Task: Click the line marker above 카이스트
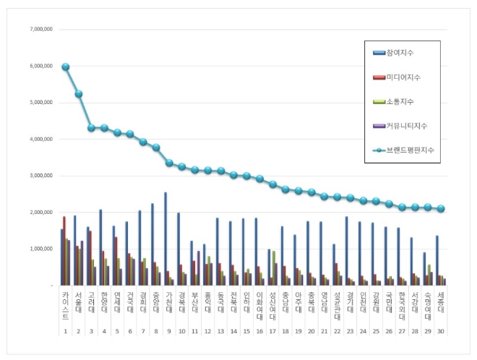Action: click(x=66, y=67)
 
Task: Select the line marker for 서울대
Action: click(x=79, y=94)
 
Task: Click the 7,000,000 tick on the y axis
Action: click(x=40, y=30)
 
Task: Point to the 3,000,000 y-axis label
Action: click(x=40, y=176)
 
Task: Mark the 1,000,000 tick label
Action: click(x=40, y=249)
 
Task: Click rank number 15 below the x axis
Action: click(x=248, y=331)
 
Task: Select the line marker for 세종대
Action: click(x=442, y=208)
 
